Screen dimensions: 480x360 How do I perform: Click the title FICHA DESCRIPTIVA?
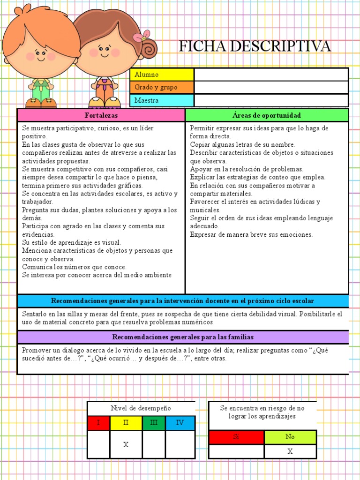[255, 46]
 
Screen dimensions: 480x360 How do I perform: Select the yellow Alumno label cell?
[162, 75]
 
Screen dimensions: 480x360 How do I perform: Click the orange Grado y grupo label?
[162, 87]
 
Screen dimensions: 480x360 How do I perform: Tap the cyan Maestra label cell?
[162, 100]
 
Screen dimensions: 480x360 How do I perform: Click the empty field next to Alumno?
[271, 75]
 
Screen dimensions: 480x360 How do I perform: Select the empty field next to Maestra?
[271, 100]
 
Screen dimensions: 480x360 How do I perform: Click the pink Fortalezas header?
[101, 115]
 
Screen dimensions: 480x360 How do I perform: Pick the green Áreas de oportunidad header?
[267, 115]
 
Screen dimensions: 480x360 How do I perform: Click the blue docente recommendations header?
[183, 301]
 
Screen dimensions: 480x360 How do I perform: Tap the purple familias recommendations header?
[183, 337]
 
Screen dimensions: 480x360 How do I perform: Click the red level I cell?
[98, 423]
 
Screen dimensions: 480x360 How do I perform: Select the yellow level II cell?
[126, 423]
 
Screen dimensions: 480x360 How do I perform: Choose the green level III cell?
[153, 423]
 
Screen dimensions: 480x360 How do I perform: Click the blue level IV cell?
[180, 423]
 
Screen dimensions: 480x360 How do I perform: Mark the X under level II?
[126, 445]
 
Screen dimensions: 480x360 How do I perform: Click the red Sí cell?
[236, 437]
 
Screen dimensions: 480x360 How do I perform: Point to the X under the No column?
[290, 451]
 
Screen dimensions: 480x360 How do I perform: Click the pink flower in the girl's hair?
[141, 37]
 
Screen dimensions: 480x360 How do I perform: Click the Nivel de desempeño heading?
[141, 408]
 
